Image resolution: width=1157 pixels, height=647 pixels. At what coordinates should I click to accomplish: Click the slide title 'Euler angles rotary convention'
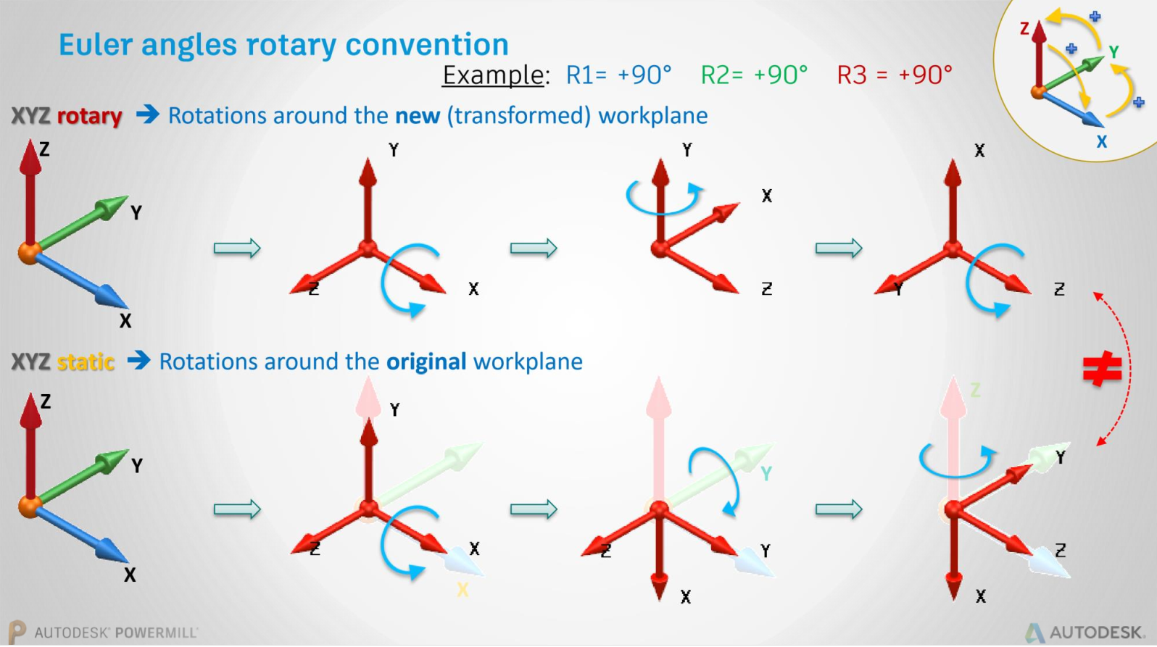click(283, 45)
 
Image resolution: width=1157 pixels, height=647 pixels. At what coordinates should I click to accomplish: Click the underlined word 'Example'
click(493, 75)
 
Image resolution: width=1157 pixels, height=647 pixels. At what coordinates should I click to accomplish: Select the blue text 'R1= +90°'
click(618, 75)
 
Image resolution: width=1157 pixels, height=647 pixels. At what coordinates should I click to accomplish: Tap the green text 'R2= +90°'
click(754, 75)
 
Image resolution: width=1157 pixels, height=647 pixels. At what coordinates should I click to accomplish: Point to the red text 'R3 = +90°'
click(894, 75)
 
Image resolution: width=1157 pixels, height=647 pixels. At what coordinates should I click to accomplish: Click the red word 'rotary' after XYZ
click(89, 116)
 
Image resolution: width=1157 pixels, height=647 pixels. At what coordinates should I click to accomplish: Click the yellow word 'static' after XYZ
click(86, 362)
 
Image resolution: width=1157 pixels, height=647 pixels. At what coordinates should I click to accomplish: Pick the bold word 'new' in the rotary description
click(417, 116)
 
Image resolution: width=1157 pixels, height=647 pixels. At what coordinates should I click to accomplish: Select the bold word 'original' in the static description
click(426, 362)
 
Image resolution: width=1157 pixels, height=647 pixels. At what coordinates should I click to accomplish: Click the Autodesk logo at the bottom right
click(1086, 633)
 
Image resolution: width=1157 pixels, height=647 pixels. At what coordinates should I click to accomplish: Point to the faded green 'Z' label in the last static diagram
click(975, 391)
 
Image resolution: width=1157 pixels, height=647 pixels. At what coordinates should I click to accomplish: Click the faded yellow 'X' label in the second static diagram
click(463, 590)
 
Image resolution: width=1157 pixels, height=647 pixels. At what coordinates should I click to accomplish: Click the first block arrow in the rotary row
click(237, 249)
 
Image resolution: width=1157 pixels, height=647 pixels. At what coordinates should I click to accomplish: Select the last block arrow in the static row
click(839, 509)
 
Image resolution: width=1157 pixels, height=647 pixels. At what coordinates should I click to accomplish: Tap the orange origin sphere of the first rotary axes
click(29, 253)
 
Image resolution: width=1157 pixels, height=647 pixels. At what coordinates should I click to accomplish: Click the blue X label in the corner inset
click(1101, 142)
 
